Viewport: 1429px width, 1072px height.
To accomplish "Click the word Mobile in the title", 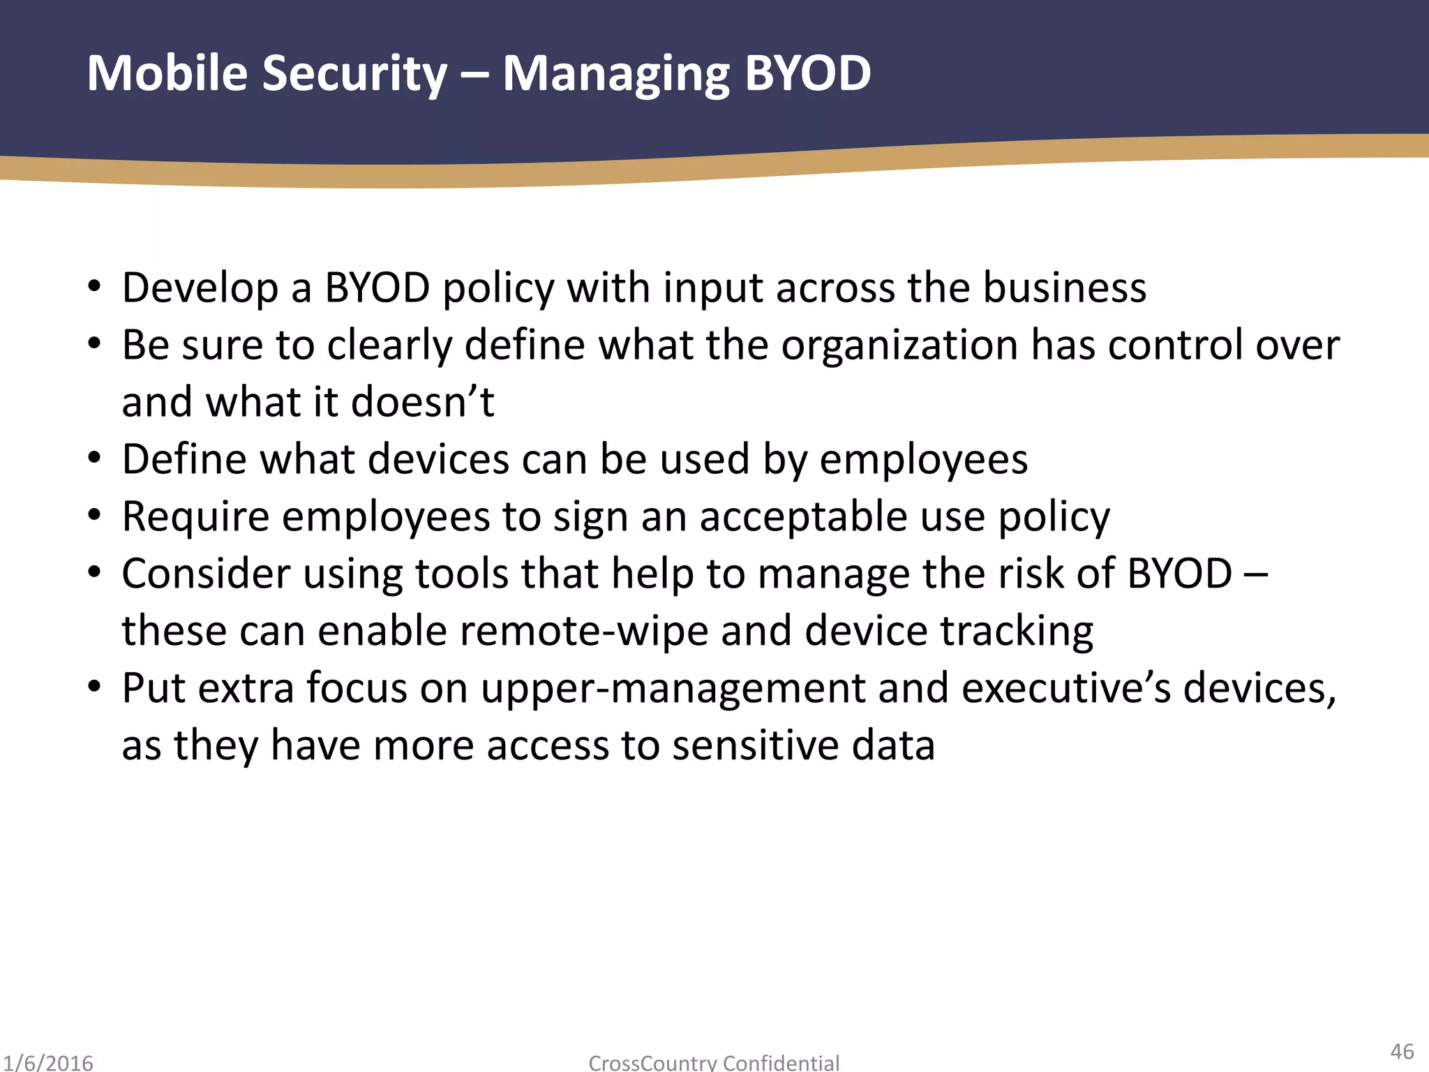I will click(167, 73).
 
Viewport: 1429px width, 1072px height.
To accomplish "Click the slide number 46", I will click(1402, 1051).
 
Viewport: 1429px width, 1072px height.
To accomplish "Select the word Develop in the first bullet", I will click(200, 288).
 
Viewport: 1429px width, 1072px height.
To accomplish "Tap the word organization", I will click(899, 345).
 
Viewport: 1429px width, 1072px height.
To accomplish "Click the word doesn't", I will click(423, 402).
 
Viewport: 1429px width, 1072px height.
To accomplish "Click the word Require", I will click(195, 516).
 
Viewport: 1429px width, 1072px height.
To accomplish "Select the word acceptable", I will click(802, 516).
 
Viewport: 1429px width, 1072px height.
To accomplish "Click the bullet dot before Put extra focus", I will click(95, 687).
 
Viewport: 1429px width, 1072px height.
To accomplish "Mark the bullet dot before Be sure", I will click(95, 343).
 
